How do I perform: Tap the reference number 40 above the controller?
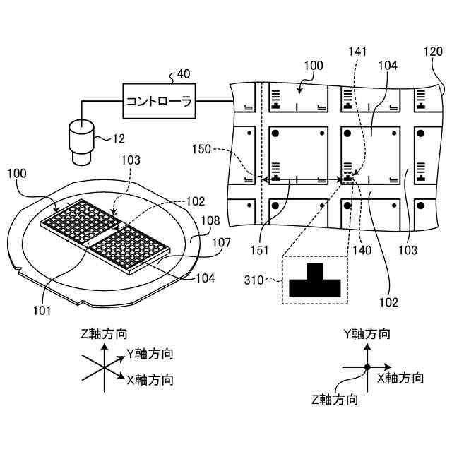point(183,74)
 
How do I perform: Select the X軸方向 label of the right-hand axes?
point(401,378)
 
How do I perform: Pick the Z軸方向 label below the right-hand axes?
point(334,400)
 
